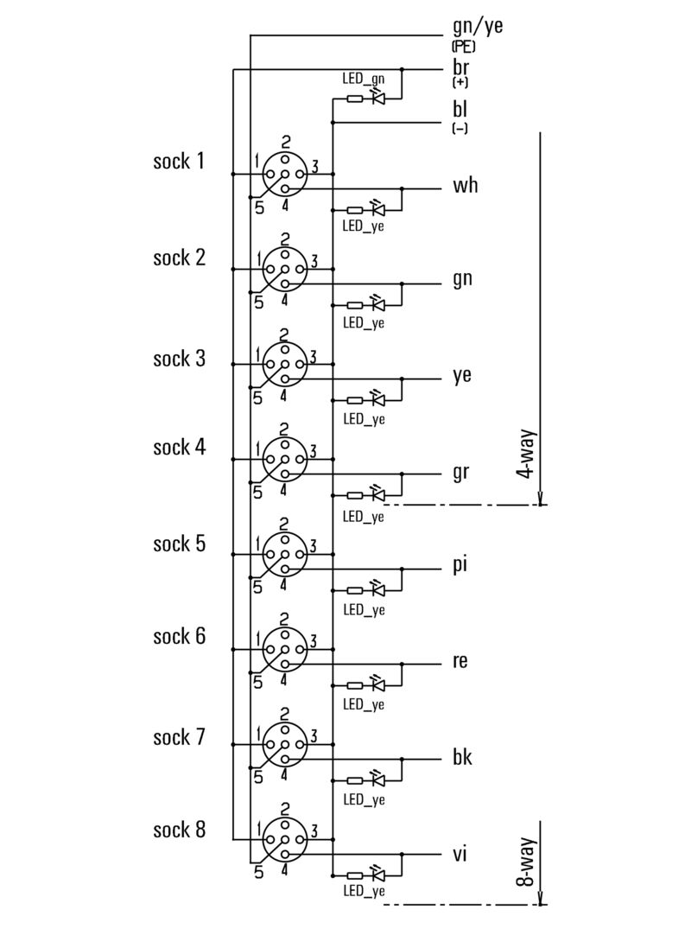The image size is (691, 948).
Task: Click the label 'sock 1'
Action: (x=179, y=161)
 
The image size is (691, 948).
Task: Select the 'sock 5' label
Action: (x=179, y=544)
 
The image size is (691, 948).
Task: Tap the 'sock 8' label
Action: (x=179, y=830)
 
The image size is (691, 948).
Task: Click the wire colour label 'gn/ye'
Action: (x=477, y=26)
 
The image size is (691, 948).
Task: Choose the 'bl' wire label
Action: (x=460, y=110)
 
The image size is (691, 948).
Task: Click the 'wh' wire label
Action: (x=465, y=186)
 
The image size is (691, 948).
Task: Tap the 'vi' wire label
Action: (x=460, y=854)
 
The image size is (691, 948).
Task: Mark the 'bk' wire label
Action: (x=462, y=758)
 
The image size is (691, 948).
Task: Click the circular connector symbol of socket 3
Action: (x=284, y=364)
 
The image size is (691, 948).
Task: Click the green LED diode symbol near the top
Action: (x=377, y=99)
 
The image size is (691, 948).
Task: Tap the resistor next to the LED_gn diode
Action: (x=354, y=99)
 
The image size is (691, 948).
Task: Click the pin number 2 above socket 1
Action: (x=285, y=143)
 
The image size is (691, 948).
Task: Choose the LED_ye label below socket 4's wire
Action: (x=363, y=517)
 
